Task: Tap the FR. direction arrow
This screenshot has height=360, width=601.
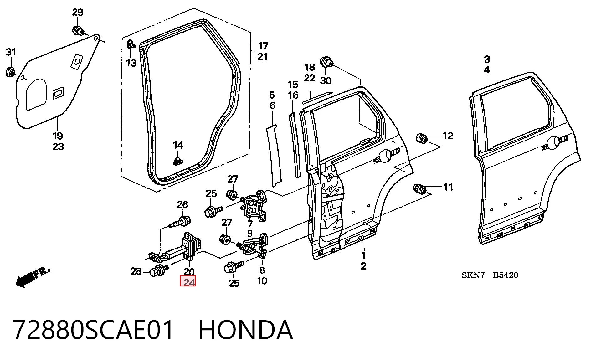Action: (x=32, y=277)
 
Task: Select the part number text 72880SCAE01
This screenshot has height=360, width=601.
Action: (x=93, y=330)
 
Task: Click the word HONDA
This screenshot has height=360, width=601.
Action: (x=246, y=330)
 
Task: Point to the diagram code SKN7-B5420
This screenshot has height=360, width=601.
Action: (x=490, y=275)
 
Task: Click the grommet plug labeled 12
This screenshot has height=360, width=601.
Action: (x=421, y=138)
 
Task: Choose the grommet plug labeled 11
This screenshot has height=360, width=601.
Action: (x=419, y=189)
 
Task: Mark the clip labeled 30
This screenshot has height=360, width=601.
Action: (x=326, y=62)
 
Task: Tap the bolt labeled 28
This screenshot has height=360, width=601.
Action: (x=159, y=270)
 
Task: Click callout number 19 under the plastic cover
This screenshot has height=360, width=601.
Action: (x=58, y=136)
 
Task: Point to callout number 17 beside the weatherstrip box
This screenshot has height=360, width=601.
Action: (x=263, y=46)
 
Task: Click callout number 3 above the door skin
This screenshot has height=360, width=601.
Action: (x=487, y=59)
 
